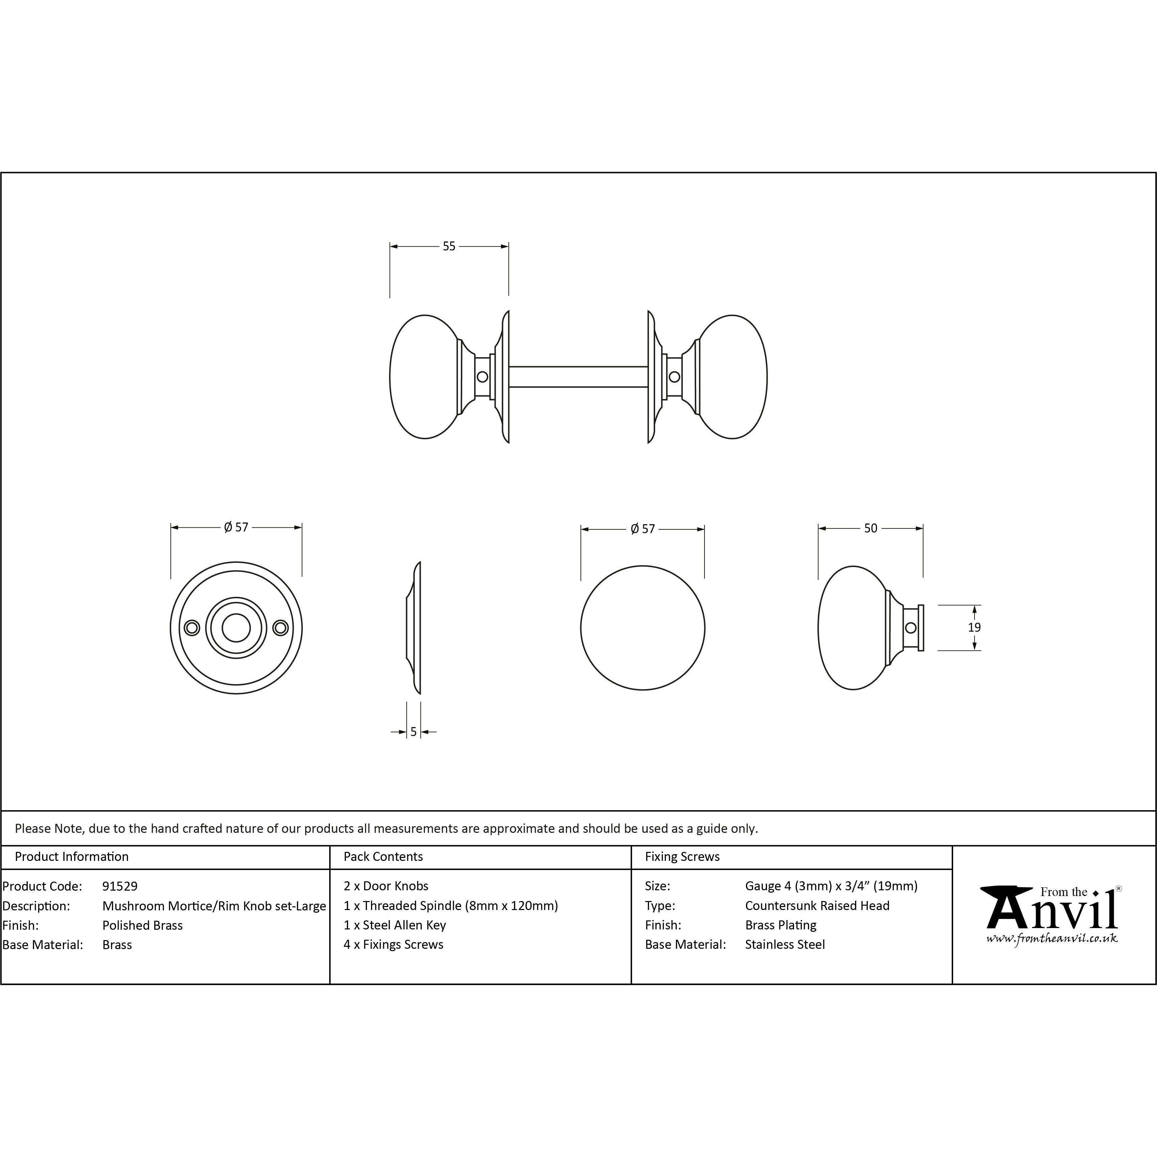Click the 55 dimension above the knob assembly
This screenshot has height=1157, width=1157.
tap(449, 246)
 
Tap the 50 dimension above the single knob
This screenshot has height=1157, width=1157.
tap(871, 528)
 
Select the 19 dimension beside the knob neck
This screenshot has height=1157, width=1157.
tap(974, 628)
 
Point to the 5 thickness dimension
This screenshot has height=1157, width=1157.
tap(413, 732)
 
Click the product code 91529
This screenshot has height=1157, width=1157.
tap(120, 886)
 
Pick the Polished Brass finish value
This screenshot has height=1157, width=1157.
tap(142, 925)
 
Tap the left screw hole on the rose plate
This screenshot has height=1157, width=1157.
tap(191, 628)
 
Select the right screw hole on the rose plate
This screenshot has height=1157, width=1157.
tap(280, 628)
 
